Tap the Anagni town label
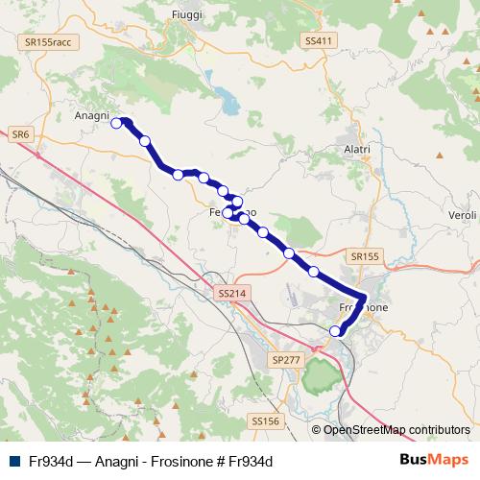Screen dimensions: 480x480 coord(93,116)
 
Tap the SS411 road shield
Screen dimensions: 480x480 coord(318,41)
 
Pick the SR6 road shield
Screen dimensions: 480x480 coord(20,135)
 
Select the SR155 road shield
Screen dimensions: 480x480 coord(365,257)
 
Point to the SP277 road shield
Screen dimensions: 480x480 coord(285,358)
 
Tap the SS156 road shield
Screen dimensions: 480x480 coord(264,421)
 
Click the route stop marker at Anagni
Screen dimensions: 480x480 coord(117,123)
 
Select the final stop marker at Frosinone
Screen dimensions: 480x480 coord(335,331)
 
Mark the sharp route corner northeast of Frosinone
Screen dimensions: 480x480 coord(365,296)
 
